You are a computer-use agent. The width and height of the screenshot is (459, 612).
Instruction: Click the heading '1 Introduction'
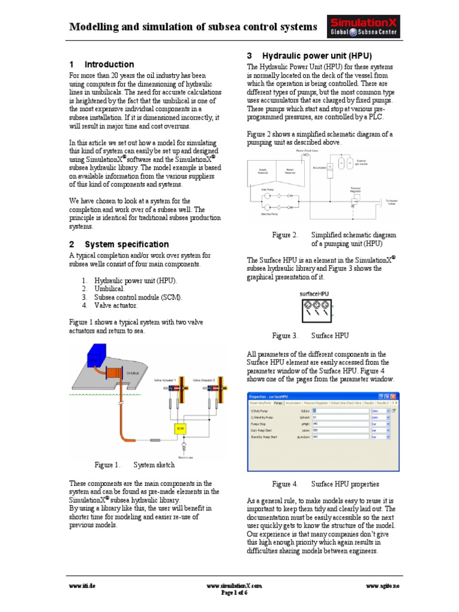pos(102,65)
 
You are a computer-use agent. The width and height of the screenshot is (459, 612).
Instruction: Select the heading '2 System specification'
pos(119,244)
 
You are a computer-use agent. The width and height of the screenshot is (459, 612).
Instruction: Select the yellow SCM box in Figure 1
pos(180,428)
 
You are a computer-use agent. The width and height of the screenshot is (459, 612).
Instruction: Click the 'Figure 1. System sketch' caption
pos(135,465)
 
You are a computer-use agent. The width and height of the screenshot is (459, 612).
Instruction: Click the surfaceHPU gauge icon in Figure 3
pos(313,311)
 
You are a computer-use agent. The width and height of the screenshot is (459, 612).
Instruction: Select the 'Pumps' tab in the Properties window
pos(279,403)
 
